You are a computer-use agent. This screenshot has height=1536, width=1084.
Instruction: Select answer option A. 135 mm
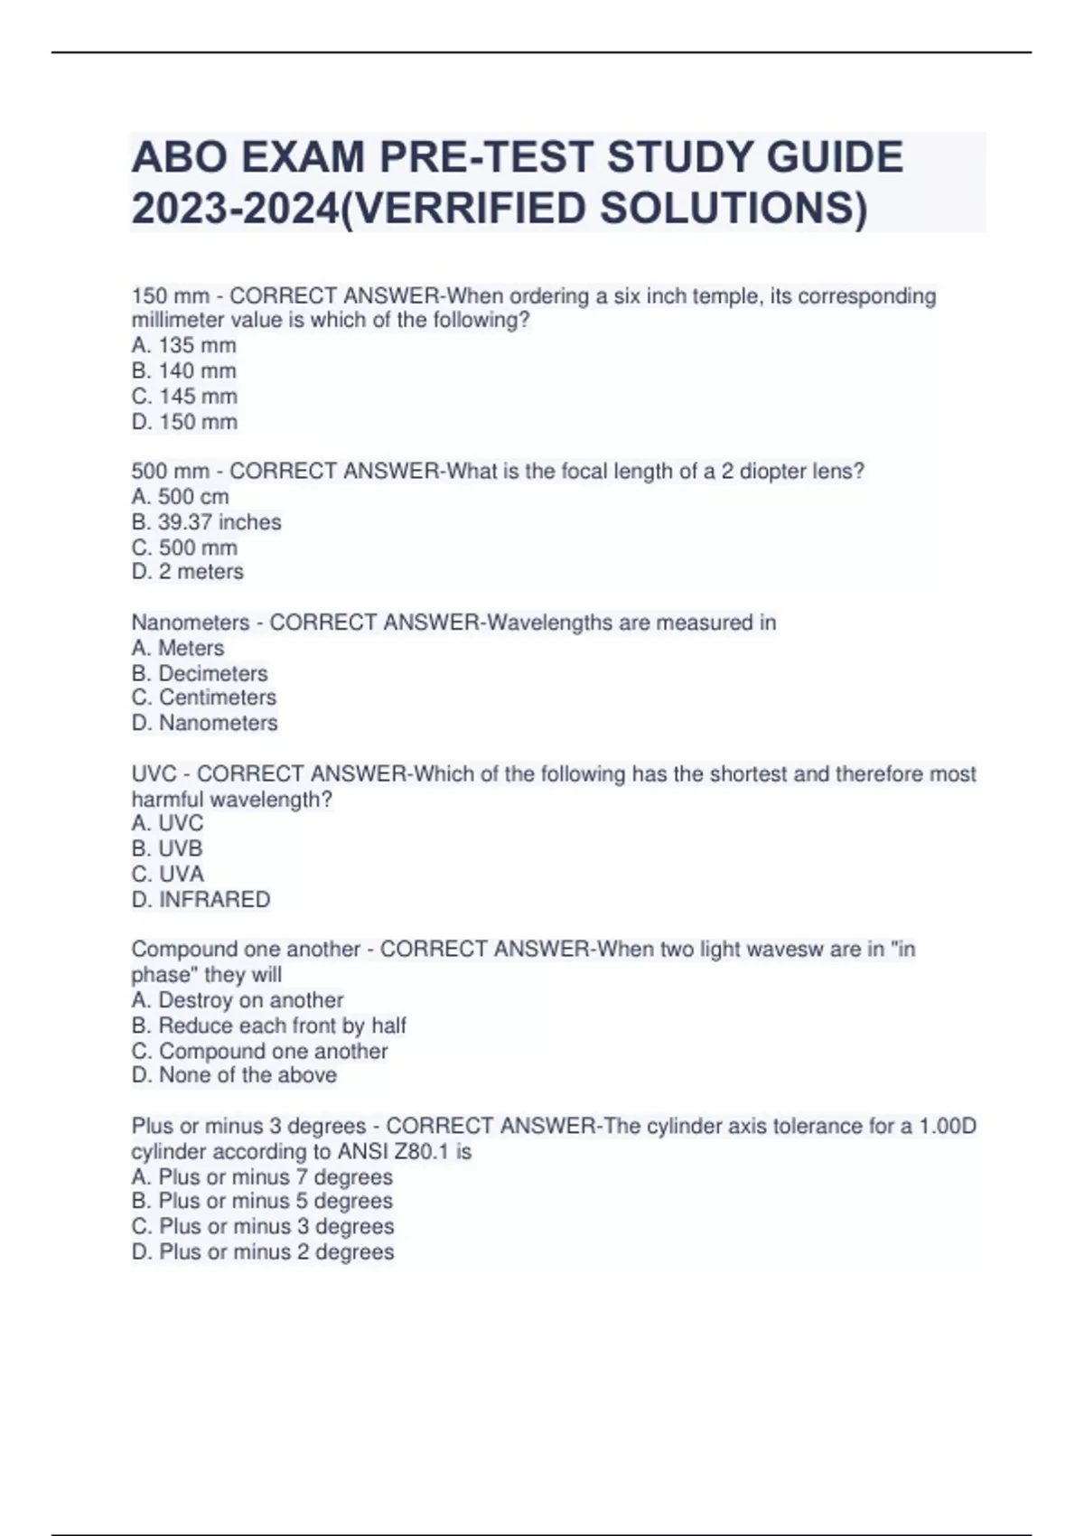(184, 345)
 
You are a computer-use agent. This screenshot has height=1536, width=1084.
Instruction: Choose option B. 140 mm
(184, 370)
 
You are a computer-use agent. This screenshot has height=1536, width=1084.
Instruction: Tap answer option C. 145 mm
(184, 396)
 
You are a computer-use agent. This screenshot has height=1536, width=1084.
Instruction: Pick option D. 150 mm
(184, 422)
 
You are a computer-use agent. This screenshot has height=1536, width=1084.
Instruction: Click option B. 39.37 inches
(206, 522)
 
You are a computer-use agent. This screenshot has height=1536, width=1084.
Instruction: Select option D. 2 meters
(188, 572)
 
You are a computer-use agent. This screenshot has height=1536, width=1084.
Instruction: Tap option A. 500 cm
(181, 497)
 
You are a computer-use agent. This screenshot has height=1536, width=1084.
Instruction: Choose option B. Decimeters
(200, 673)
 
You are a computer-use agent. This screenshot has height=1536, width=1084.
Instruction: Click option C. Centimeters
(204, 698)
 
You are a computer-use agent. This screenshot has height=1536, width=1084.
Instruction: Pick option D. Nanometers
(204, 723)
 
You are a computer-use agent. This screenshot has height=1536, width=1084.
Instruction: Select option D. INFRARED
(201, 900)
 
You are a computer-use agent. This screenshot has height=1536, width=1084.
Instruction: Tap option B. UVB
(167, 848)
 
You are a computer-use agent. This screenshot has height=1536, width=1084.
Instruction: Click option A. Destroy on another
(238, 1000)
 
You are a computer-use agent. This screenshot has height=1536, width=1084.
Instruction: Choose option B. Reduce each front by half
(269, 1026)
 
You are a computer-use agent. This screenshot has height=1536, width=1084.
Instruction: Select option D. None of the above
(234, 1075)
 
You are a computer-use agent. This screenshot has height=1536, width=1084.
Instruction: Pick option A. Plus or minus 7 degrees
(262, 1177)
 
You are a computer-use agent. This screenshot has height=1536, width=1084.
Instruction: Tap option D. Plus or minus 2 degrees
(263, 1252)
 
